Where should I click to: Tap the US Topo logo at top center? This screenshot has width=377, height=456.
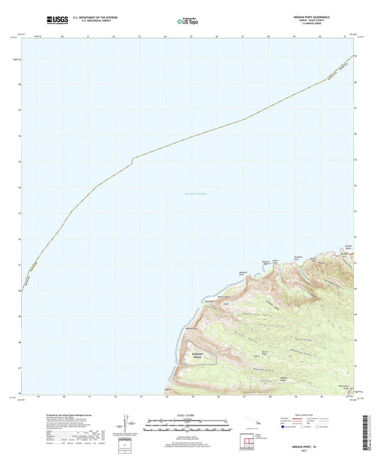pyautogui.click(x=187, y=21)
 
